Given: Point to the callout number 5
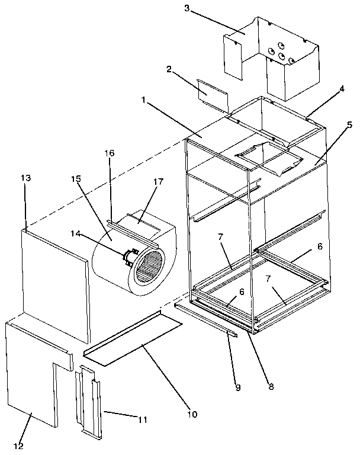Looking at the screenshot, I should tap(350, 124).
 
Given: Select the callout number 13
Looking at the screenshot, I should tap(26, 178).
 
